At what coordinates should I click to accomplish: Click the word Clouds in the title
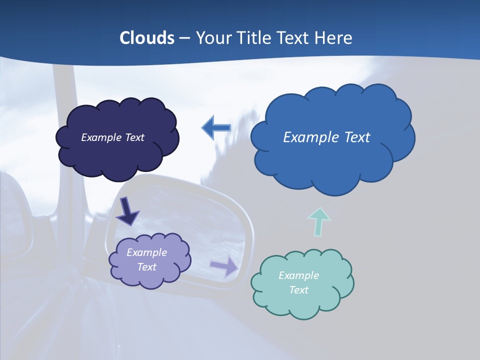click(x=147, y=38)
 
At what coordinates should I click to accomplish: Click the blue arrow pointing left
click(x=216, y=128)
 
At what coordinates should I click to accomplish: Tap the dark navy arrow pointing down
click(x=127, y=211)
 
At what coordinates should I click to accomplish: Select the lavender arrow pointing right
click(x=224, y=266)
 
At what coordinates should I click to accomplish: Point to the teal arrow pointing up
click(x=318, y=222)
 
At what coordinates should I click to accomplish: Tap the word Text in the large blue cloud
click(x=356, y=137)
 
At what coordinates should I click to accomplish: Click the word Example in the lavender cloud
click(x=146, y=252)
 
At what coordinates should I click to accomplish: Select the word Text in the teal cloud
click(x=298, y=290)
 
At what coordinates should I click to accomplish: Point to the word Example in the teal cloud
click(x=298, y=275)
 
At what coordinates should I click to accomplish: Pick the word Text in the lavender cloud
click(x=146, y=267)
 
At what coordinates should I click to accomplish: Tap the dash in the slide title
click(x=184, y=38)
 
